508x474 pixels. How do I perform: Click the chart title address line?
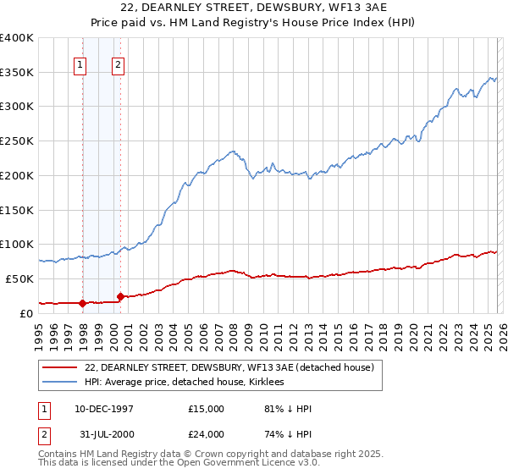click(x=254, y=7)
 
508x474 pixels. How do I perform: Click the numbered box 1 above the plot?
click(x=80, y=64)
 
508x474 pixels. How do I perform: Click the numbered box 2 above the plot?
click(x=118, y=64)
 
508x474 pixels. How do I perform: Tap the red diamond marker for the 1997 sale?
click(x=83, y=302)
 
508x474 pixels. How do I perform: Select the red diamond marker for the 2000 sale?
click(x=121, y=296)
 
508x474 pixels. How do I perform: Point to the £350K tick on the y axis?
click(x=17, y=73)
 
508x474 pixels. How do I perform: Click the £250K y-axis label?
click(x=17, y=141)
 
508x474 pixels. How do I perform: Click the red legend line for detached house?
click(x=60, y=367)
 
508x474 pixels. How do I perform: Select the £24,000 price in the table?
click(x=207, y=434)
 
